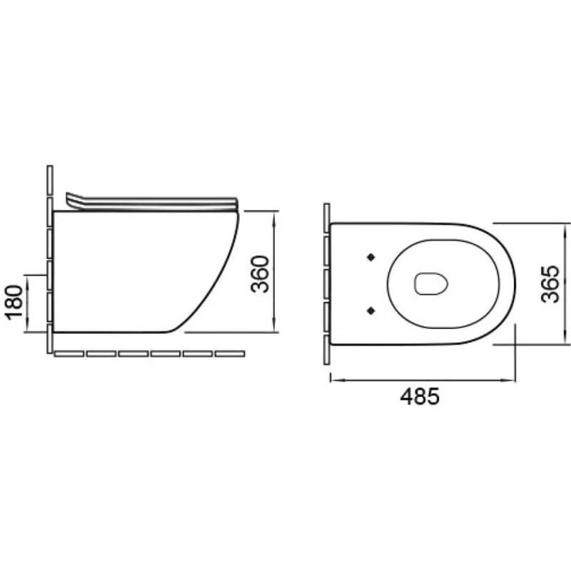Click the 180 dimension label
15,302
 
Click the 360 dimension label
260,274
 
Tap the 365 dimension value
550,284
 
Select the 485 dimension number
420,396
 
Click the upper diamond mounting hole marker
370,257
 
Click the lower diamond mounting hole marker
370,310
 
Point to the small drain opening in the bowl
431,283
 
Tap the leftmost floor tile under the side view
69,353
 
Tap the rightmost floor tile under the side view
230,353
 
